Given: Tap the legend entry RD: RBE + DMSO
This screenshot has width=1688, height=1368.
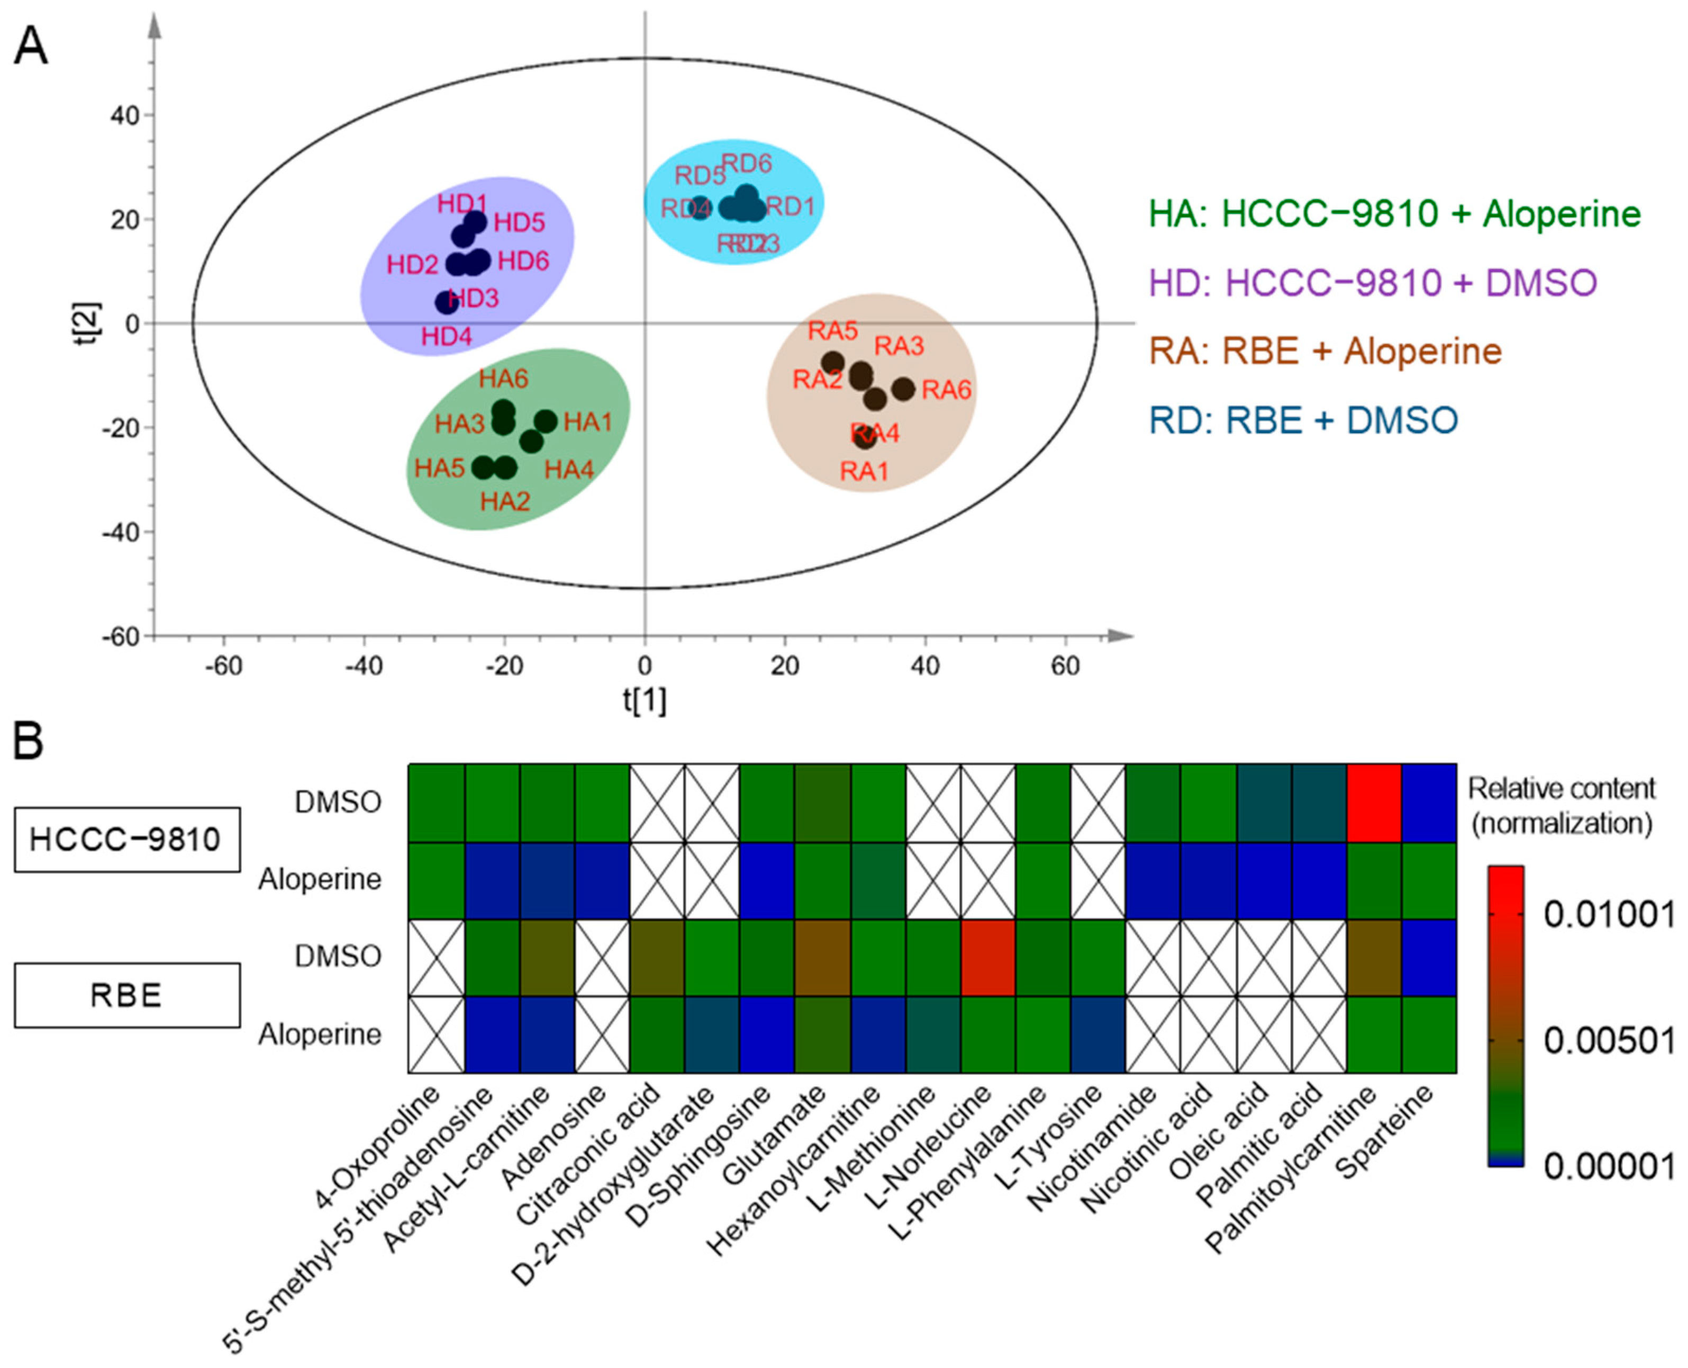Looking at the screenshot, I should [x=1304, y=420].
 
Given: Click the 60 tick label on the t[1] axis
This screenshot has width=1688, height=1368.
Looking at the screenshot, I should [x=1065, y=667].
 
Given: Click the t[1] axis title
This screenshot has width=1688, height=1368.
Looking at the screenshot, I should [x=645, y=700].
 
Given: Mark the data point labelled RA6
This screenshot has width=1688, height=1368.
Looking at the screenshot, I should [x=903, y=389].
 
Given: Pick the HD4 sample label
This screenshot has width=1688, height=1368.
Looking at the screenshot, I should [x=446, y=337].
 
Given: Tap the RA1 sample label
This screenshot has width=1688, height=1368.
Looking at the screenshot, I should [x=864, y=471].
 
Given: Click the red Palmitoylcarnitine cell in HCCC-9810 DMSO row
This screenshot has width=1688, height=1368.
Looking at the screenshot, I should [x=1374, y=802].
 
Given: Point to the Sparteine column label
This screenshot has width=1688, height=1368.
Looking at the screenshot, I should [x=1386, y=1131].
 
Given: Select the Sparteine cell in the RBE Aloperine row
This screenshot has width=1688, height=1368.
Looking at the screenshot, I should [x=1429, y=1034].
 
